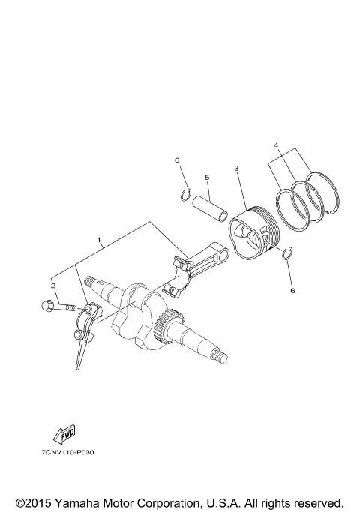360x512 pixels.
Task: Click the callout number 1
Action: (x=99, y=241)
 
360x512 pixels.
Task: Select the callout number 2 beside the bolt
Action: (x=53, y=286)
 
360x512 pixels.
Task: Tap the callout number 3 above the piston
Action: (x=236, y=169)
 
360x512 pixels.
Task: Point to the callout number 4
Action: (x=277, y=145)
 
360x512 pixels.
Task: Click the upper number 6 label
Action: (x=177, y=160)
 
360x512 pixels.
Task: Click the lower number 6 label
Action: (x=293, y=290)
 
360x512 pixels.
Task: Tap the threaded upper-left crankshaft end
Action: (x=94, y=283)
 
